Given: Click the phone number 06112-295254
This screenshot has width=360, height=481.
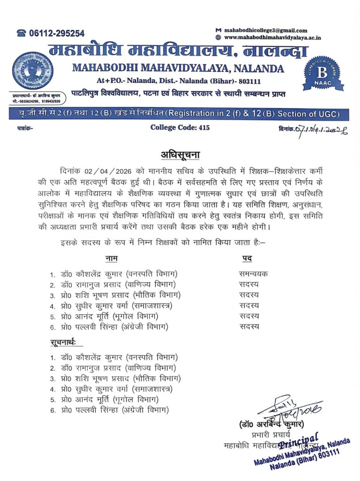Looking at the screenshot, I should [55, 33].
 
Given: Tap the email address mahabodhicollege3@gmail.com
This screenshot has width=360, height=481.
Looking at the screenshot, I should [266, 31].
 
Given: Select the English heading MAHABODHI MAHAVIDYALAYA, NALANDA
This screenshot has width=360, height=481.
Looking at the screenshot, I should [178, 68].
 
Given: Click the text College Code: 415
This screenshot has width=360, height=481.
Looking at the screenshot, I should [180, 127].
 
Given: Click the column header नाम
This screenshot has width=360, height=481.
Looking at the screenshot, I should [111, 258].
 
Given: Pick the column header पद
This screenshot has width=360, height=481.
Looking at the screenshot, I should [247, 258].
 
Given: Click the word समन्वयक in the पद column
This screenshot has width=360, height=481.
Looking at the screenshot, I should [253, 274].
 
